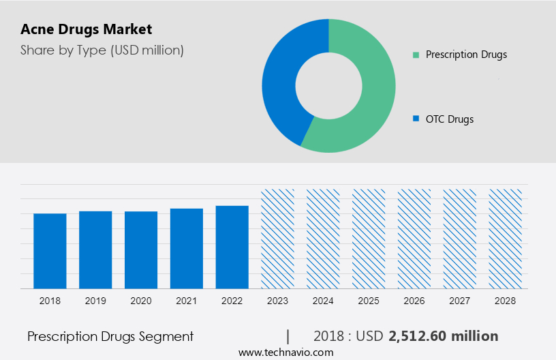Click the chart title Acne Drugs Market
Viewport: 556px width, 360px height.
(x=87, y=29)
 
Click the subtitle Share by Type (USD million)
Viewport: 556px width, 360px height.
(x=102, y=50)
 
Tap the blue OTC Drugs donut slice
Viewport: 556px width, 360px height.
(x=279, y=82)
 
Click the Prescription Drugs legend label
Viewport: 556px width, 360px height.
(x=466, y=55)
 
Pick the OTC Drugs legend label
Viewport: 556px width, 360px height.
(x=449, y=119)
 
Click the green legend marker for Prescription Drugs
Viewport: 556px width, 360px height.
(x=416, y=55)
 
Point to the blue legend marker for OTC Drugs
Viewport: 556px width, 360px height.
(x=416, y=119)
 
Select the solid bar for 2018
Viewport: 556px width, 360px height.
(x=50, y=250)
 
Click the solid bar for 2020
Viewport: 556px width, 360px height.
(x=141, y=250)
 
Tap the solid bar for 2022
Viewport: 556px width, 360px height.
(x=232, y=247)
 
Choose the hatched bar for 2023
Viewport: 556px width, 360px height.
(x=277, y=239)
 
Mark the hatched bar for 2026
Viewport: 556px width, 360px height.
(x=414, y=239)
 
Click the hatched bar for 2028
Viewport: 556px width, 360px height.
(x=506, y=239)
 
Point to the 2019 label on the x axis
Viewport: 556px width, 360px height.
(x=95, y=301)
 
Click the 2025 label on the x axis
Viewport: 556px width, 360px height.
(x=369, y=301)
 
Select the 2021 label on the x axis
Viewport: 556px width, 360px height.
(x=187, y=301)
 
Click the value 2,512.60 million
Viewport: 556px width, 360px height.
(x=444, y=336)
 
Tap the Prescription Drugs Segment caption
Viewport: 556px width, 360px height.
(x=110, y=336)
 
